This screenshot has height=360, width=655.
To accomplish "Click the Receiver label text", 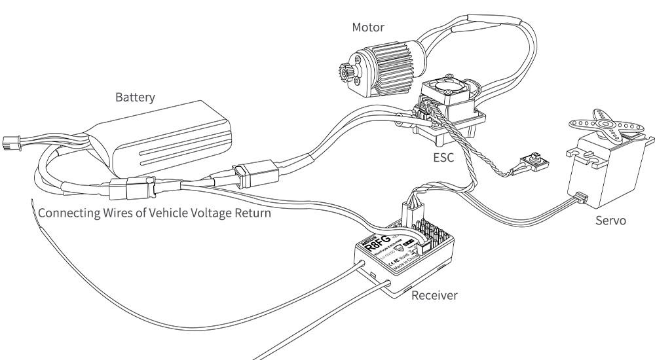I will pos(434,296).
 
